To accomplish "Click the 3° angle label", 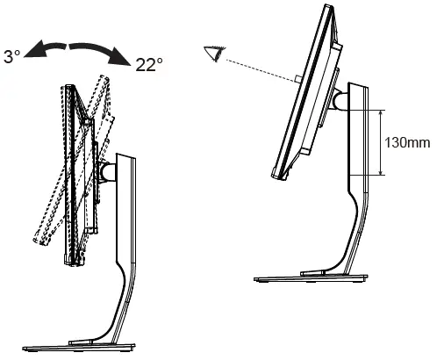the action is [x=12, y=57].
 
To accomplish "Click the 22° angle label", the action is [x=149, y=65].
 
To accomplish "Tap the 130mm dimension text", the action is [x=407, y=143].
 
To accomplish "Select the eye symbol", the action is [x=216, y=54].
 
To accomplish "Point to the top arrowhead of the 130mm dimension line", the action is [x=381, y=113].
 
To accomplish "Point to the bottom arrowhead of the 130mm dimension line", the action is [x=381, y=172].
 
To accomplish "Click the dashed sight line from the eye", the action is [x=261, y=70].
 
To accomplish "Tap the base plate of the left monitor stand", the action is [x=79, y=348].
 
